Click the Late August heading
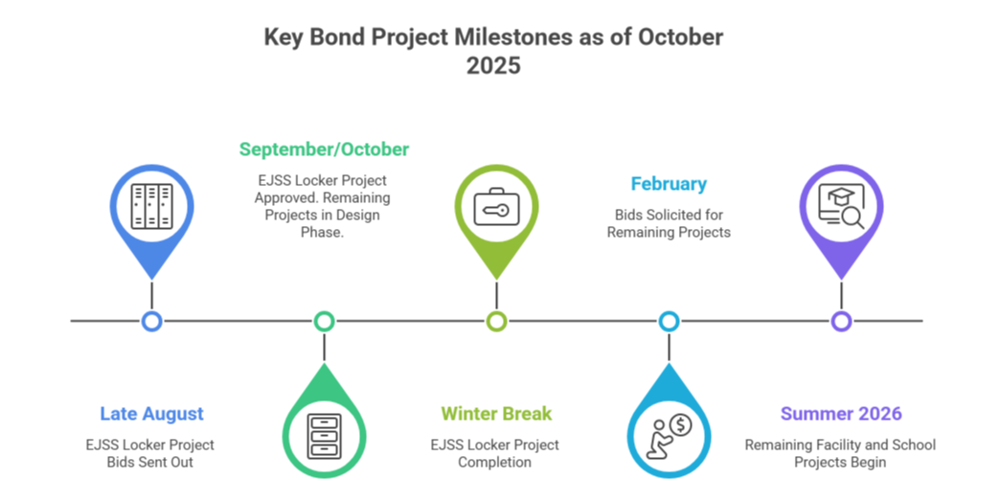point(151,414)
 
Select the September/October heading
point(324,149)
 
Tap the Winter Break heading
point(496,414)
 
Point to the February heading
point(669,184)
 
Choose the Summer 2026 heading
point(841,414)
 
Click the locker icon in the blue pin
point(151,207)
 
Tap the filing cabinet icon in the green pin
point(324,436)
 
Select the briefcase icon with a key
point(496,207)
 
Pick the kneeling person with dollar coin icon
point(669,436)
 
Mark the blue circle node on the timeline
point(151,321)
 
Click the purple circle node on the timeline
point(841,321)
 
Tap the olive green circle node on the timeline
point(496,321)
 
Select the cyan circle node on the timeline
point(669,321)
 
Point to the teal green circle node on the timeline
point(324,321)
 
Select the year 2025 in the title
point(493,66)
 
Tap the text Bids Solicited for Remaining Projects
point(669,223)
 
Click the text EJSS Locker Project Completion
point(495,453)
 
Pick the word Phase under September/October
point(322,233)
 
